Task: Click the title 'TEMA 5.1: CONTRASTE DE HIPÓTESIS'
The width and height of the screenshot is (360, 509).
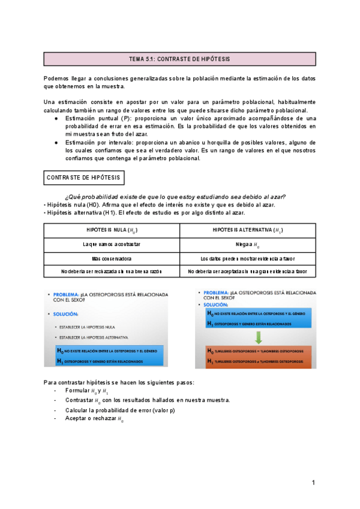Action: (x=179, y=59)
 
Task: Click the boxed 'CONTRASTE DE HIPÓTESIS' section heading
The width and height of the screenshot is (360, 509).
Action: (x=83, y=178)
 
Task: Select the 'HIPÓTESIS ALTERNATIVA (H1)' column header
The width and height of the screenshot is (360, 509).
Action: (x=248, y=230)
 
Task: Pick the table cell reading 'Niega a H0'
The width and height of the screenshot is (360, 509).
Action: (x=248, y=244)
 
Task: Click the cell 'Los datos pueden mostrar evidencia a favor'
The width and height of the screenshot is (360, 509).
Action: (x=248, y=258)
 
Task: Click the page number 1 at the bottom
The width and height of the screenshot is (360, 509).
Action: (x=313, y=483)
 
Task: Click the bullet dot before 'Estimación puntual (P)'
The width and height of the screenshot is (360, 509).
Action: (x=56, y=119)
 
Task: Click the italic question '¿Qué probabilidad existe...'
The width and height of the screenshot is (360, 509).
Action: (x=175, y=197)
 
